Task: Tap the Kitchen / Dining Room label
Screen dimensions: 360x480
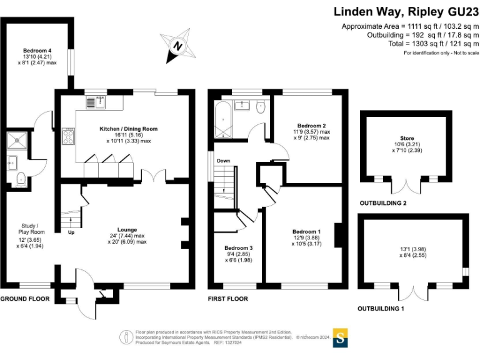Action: point(129,129)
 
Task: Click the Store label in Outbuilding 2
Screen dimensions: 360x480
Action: point(407,138)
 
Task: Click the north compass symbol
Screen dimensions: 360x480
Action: point(177,45)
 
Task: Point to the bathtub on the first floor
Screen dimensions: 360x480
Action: point(221,120)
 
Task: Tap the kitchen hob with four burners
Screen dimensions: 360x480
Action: point(67,137)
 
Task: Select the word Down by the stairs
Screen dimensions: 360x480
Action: point(223,161)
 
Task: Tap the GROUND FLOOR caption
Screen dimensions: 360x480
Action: point(25,299)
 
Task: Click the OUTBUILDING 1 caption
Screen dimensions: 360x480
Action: point(381,309)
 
